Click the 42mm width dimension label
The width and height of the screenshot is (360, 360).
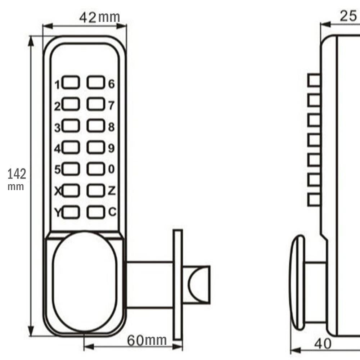[x=99, y=17]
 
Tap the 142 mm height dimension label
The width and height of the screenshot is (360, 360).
[x=17, y=178]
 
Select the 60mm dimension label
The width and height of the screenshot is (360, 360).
[x=147, y=340]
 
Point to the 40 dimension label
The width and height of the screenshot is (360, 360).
[x=323, y=344]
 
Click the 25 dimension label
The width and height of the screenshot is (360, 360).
[x=348, y=16]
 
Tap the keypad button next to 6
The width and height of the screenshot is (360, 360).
[x=95, y=83]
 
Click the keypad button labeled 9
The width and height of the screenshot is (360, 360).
[x=95, y=147]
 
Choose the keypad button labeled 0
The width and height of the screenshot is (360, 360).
[x=95, y=169]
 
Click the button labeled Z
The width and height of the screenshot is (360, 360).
[x=95, y=190]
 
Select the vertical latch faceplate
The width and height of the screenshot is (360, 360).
[x=178, y=284]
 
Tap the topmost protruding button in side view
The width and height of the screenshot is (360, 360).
[x=314, y=80]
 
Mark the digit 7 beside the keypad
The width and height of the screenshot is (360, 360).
[x=111, y=105]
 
